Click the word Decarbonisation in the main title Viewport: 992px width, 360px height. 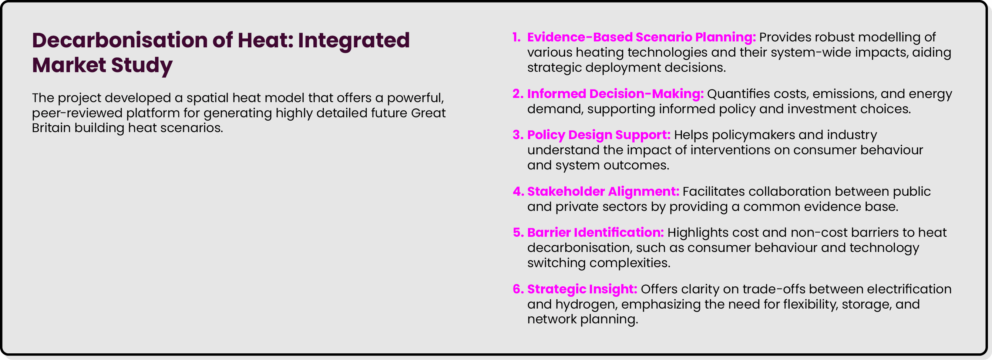coord(121,40)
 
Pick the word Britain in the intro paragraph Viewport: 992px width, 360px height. coord(51,128)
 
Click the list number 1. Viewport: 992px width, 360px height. coord(517,37)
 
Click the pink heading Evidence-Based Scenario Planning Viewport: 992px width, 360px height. coord(642,37)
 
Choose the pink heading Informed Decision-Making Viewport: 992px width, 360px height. coord(615,94)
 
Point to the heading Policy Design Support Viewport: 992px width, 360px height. coord(599,135)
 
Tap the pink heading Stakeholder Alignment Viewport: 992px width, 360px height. coord(603,192)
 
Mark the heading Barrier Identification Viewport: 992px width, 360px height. coord(595,233)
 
